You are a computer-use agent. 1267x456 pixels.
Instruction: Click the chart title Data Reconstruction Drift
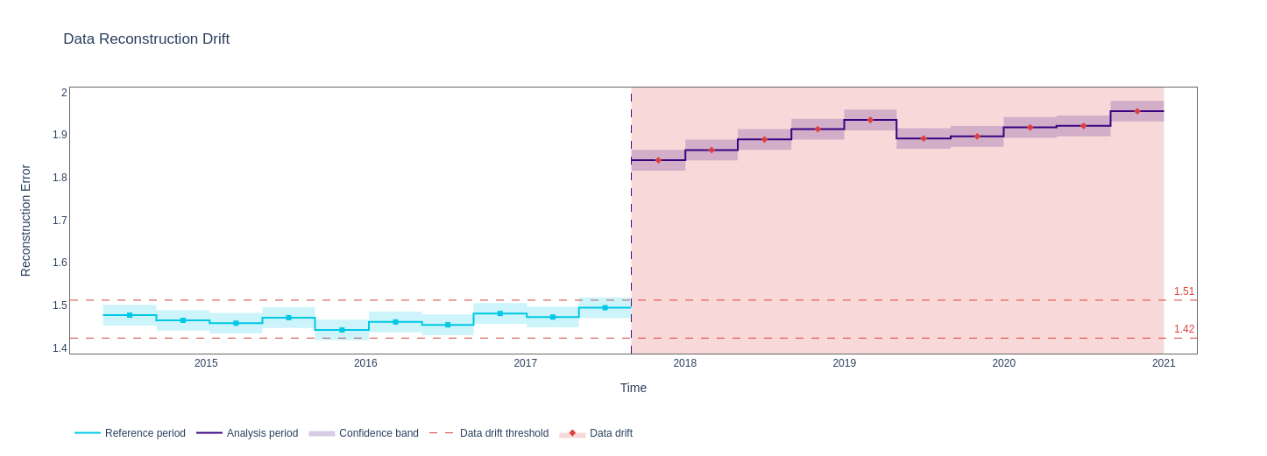tap(146, 39)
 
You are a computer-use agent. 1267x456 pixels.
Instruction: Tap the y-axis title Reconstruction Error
tap(25, 221)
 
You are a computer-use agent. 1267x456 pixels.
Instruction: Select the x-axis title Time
tap(633, 388)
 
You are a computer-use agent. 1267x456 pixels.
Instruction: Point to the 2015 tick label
tap(206, 363)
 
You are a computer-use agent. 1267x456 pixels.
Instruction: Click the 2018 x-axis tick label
tap(684, 363)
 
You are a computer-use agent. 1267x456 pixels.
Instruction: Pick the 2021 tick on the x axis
tap(1163, 363)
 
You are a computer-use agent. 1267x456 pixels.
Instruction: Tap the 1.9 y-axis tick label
tap(60, 135)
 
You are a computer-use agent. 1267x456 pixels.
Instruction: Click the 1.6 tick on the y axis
tap(60, 263)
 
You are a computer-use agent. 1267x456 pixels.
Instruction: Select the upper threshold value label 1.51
tap(1184, 291)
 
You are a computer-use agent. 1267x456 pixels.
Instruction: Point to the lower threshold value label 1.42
tap(1184, 329)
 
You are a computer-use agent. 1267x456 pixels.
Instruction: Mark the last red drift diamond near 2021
tap(1137, 111)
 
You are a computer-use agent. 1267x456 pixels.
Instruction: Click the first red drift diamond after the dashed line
tap(658, 160)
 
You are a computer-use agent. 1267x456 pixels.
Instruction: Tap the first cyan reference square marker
tap(130, 315)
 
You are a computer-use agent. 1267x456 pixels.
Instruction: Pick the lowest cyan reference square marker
tap(342, 330)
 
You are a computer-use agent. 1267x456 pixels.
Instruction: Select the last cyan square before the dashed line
tap(605, 308)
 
